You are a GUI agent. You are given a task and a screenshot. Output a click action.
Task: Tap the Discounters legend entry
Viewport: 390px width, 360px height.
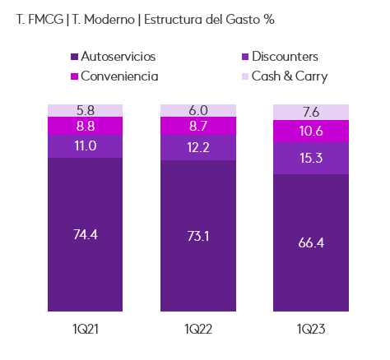click(284, 57)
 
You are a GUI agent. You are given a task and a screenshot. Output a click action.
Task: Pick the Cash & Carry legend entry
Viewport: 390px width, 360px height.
click(289, 76)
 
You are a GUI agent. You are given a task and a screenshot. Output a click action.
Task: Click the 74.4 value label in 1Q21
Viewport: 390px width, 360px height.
click(85, 235)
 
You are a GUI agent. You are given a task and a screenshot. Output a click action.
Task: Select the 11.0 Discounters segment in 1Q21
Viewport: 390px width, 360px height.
click(85, 145)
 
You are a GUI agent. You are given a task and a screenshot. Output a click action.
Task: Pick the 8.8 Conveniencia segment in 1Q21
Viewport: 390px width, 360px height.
click(85, 125)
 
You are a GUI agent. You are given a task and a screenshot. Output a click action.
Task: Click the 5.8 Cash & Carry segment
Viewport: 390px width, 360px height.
click(85, 110)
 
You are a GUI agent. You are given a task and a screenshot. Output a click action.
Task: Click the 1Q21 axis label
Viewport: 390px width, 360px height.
click(85, 329)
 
